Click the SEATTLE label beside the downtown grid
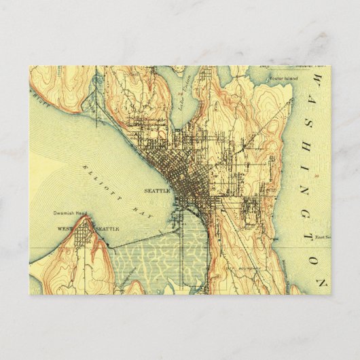click(x=158, y=192)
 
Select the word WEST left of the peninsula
click(x=65, y=229)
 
